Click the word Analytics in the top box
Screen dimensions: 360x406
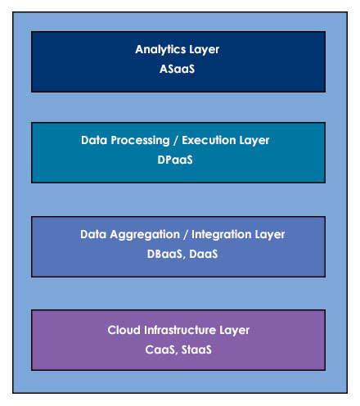(160, 50)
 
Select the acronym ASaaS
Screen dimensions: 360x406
(177, 69)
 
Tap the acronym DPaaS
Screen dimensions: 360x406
(175, 160)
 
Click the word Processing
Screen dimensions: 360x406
(140, 141)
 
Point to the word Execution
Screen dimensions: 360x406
(209, 140)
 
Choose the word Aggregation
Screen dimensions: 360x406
(145, 235)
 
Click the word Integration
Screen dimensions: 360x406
(222, 234)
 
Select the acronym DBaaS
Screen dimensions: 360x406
(164, 254)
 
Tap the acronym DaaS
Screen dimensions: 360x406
(204, 254)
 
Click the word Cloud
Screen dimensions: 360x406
(124, 330)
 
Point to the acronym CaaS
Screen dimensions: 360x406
(160, 350)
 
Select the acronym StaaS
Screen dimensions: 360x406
(196, 350)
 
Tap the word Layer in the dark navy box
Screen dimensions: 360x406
(205, 50)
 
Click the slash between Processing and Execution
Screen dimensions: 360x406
(176, 141)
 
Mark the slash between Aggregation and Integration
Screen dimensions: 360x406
(186, 235)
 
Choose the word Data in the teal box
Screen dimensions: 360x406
(93, 140)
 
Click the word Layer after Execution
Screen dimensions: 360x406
(254, 141)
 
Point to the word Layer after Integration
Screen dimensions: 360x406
(270, 235)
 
